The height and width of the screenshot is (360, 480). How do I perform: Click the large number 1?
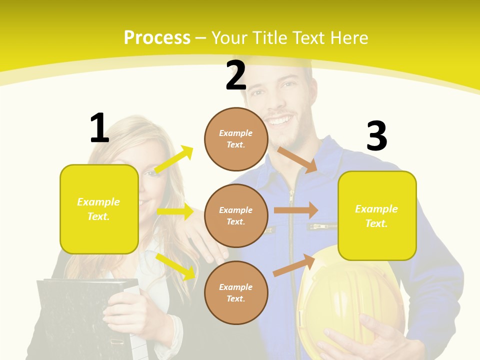pyautogui.click(x=99, y=128)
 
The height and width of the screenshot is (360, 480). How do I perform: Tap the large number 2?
pyautogui.click(x=236, y=75)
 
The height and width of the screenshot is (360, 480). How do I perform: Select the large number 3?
pyautogui.click(x=376, y=136)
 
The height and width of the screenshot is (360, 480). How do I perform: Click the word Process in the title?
pyautogui.click(x=157, y=37)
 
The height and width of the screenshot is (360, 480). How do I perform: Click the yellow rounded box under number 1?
pyautogui.click(x=99, y=209)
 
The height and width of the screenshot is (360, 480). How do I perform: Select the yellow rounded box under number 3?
pyautogui.click(x=377, y=215)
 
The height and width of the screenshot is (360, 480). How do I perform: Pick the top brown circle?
pyautogui.click(x=236, y=139)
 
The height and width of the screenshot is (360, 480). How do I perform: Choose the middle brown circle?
pyautogui.click(x=236, y=215)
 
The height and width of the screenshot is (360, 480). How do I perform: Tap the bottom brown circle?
pyautogui.click(x=236, y=292)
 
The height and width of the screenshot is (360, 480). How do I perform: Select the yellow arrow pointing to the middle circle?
pyautogui.click(x=175, y=211)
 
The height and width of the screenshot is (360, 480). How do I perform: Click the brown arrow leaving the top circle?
pyautogui.click(x=297, y=159)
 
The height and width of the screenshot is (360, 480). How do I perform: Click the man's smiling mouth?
pyautogui.click(x=281, y=120)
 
